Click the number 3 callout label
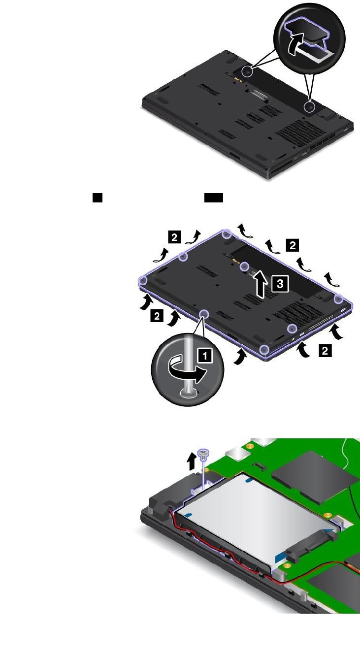(280, 283)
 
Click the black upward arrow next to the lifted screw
(192, 461)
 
